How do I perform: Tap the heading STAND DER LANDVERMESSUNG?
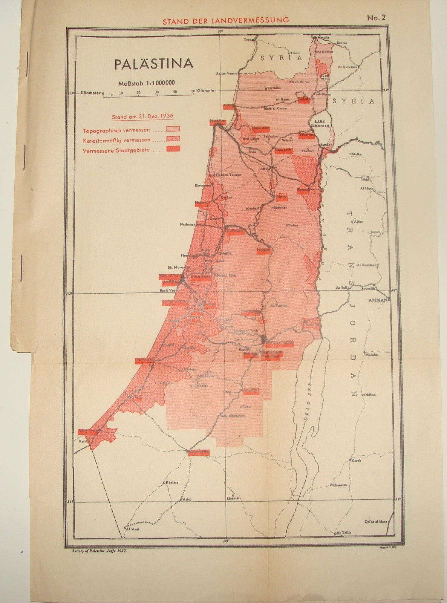[225, 20]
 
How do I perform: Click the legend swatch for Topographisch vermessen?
[174, 130]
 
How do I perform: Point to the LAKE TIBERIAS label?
[320, 124]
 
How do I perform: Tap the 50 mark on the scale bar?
[193, 92]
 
